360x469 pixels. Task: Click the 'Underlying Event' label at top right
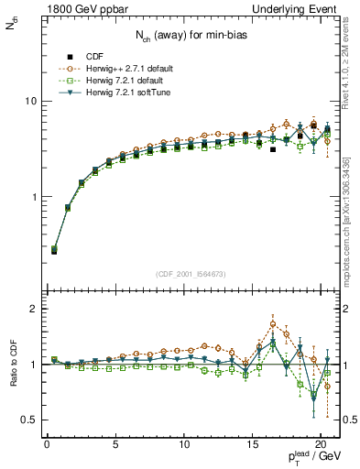298,9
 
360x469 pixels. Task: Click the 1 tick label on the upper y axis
32,197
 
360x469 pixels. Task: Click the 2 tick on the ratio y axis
32,309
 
